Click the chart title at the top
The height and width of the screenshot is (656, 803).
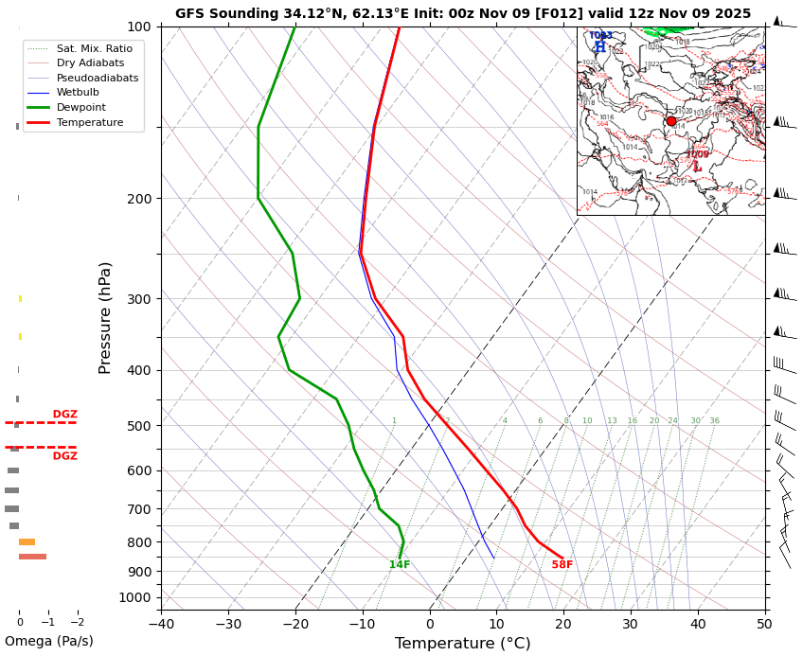tap(462, 13)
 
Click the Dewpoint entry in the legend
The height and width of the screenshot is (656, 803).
tap(81, 108)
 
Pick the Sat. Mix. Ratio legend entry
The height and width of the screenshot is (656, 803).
tap(94, 48)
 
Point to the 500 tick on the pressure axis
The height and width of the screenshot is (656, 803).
tap(139, 426)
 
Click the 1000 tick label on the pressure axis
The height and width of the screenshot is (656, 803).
tap(135, 597)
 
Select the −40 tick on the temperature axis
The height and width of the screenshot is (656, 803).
tap(161, 624)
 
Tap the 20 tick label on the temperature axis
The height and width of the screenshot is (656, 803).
tap(563, 624)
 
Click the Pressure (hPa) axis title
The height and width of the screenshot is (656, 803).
tap(106, 317)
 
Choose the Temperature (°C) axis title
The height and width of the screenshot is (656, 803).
tap(463, 644)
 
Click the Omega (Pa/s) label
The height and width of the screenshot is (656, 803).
tap(48, 642)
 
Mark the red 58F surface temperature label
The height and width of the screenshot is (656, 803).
tap(562, 565)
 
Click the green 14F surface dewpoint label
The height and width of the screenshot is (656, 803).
tap(400, 565)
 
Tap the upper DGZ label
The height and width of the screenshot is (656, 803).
tap(65, 415)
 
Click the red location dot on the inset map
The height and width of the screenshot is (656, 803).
tap(671, 121)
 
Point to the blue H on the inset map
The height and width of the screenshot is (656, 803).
tap(599, 47)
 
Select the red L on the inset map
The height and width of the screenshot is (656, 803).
tap(697, 167)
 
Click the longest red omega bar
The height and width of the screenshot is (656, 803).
tap(32, 557)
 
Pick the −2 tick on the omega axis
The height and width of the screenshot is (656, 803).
tap(78, 622)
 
